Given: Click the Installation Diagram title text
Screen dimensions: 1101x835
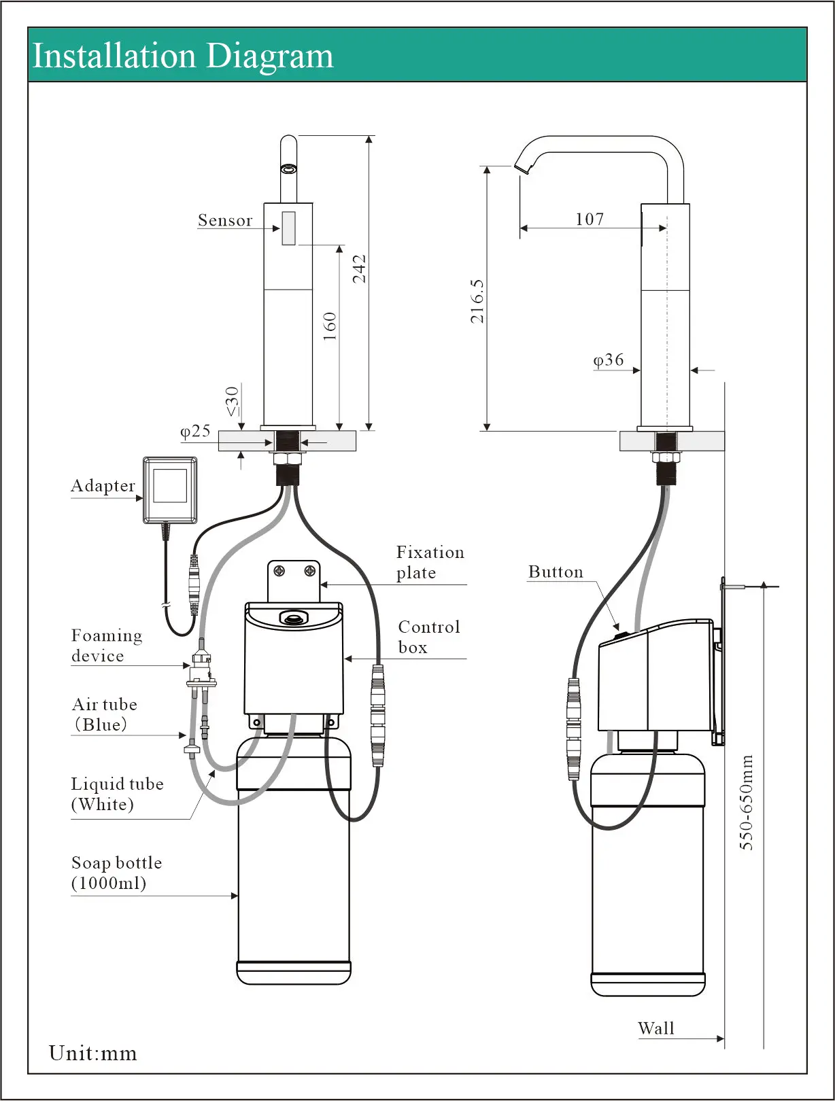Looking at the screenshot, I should (x=183, y=56).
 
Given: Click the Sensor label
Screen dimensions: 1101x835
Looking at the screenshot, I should (x=225, y=220).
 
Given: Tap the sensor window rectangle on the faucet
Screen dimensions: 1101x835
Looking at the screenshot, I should (x=288, y=228).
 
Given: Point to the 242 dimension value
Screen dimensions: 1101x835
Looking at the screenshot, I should (x=359, y=268).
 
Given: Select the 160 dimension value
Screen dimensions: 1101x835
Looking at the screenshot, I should (x=330, y=326).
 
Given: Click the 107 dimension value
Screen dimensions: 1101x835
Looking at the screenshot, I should (x=590, y=219).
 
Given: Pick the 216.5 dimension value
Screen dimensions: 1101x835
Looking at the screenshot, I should (x=477, y=300).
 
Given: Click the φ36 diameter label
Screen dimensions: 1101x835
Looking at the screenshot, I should (x=609, y=360).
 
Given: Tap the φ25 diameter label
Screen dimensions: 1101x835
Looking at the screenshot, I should (x=195, y=431).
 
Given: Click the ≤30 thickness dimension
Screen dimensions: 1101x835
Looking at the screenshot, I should (x=233, y=401).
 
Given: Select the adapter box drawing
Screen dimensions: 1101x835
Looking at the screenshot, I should (x=170, y=490).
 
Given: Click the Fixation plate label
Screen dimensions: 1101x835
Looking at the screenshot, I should (x=430, y=562).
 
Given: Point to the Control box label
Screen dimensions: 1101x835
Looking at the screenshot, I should (x=428, y=637).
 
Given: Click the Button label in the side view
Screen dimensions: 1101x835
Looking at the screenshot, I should (x=556, y=572).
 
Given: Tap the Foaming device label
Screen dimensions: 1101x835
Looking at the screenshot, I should (x=107, y=646).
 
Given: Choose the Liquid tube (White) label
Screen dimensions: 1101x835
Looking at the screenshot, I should (x=117, y=794).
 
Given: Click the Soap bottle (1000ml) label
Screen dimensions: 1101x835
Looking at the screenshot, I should (x=116, y=873).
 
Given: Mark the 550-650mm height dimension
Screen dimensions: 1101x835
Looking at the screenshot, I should (x=747, y=802).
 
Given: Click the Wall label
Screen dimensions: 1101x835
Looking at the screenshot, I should (x=656, y=1028).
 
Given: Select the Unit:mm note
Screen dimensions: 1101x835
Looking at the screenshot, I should (x=93, y=1053).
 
